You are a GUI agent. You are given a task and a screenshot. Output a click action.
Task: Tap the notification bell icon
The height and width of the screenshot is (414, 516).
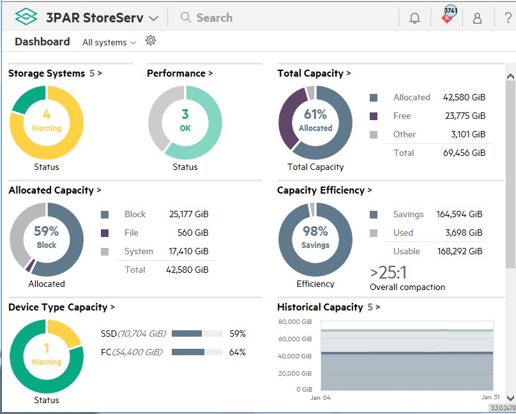pos(415,18)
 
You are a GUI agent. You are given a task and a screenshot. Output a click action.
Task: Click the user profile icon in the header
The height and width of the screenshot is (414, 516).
pos(477,18)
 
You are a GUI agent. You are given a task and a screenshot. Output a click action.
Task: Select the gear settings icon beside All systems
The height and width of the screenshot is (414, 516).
pos(151,41)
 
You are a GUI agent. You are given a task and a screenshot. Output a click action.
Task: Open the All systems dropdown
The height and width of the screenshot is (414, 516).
pos(109,42)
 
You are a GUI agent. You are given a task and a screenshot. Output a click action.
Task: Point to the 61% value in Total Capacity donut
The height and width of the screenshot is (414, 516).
pos(315,114)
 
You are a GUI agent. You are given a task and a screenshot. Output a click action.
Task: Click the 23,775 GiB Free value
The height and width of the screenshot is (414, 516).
pos(465,116)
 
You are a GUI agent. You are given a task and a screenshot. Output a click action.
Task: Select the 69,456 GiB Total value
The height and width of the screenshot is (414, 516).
pos(465,153)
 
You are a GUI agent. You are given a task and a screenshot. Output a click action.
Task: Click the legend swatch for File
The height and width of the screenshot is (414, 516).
pos(105,233)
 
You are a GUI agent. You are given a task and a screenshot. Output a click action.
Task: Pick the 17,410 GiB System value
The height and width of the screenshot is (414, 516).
pos(188,251)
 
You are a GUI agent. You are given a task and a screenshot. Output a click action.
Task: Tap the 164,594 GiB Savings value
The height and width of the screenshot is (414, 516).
pos(459,214)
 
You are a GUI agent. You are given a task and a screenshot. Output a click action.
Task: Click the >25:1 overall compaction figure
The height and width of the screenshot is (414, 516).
pos(388,273)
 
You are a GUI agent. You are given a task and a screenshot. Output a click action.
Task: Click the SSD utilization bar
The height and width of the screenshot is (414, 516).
pos(197,333)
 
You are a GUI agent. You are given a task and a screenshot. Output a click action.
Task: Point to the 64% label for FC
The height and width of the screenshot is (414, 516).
pos(238,352)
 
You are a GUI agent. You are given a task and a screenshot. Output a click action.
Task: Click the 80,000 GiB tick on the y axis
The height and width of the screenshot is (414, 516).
pos(295,321)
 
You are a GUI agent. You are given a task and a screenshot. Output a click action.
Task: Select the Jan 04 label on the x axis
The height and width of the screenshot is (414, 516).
pos(320,397)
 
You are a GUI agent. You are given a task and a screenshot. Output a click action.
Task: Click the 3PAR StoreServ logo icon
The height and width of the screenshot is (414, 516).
pos(26,17)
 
